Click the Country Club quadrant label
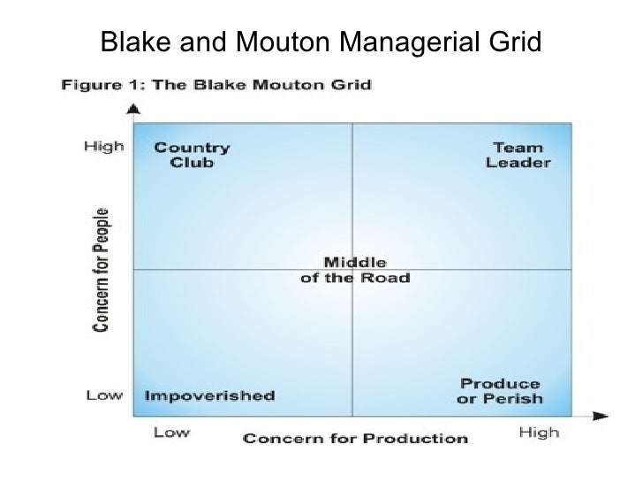[x=192, y=155]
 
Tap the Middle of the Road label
[x=355, y=269]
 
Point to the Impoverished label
[x=208, y=395]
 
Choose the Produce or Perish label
[x=500, y=391]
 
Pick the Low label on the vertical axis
[x=103, y=395]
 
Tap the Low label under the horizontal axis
[x=173, y=433]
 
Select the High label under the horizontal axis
[x=538, y=433]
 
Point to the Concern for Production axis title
[x=354, y=436]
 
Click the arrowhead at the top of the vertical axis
[x=132, y=110]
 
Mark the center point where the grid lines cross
[x=352, y=269]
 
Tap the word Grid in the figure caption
[x=352, y=85]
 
